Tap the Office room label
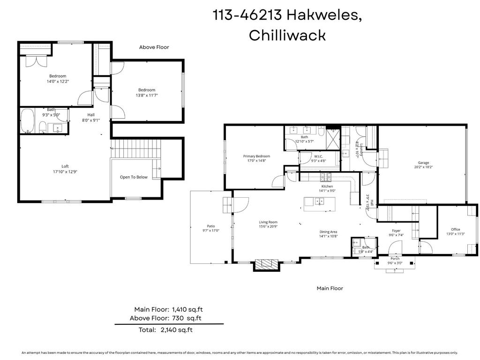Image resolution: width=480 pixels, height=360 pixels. [456, 229]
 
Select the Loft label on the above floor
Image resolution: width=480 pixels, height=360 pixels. [65, 166]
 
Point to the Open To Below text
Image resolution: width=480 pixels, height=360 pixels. [134, 177]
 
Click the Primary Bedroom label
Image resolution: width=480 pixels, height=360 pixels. [256, 156]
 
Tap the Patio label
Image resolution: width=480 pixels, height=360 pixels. [210, 226]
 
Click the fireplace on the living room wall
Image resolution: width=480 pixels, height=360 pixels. [267, 265]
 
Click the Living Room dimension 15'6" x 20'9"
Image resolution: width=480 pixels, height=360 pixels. [268, 227]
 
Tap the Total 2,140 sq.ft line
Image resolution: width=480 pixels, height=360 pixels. [166, 330]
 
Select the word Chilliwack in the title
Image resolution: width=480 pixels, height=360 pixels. [287, 35]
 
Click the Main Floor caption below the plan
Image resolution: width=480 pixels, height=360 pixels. [330, 288]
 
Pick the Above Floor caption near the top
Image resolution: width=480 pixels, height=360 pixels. [154, 47]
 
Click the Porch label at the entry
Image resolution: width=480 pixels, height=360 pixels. [395, 259]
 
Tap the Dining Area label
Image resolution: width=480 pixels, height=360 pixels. [328, 232]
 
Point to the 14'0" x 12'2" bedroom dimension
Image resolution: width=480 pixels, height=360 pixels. [58, 81]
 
